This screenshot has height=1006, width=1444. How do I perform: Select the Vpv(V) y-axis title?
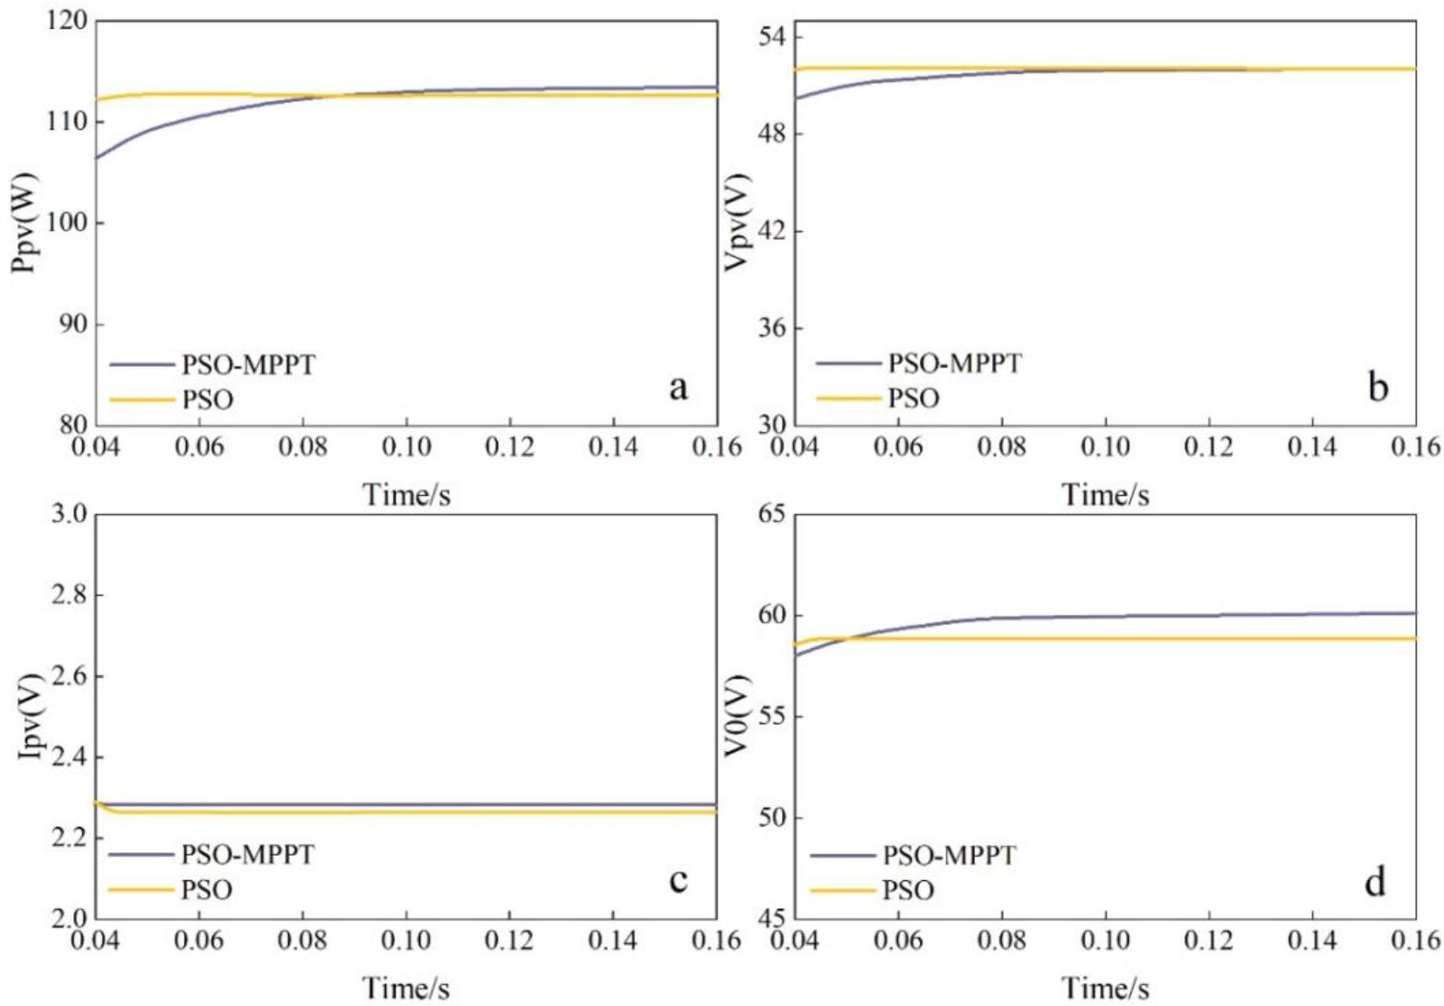click(738, 224)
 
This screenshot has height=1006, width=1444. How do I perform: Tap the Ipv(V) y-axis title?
click(31, 716)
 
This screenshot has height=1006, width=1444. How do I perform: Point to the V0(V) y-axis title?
click(738, 716)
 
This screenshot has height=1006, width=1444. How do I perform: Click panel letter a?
click(678, 387)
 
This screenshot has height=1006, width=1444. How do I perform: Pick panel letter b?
click(1378, 387)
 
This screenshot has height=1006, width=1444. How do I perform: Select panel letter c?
click(678, 879)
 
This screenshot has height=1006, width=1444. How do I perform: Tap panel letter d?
click(1375, 882)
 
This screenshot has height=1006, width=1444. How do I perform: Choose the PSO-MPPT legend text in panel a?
click(248, 364)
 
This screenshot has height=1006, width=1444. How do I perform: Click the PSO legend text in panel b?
click(914, 399)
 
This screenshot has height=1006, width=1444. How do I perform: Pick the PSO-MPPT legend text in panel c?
click(247, 854)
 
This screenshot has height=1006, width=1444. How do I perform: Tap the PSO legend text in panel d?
click(909, 891)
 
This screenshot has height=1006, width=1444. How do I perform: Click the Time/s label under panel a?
click(406, 495)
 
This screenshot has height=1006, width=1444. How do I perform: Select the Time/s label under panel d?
click(1105, 989)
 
